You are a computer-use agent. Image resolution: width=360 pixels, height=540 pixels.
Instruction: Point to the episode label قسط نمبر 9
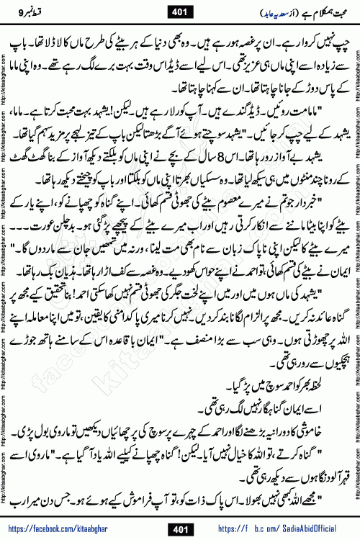43,11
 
